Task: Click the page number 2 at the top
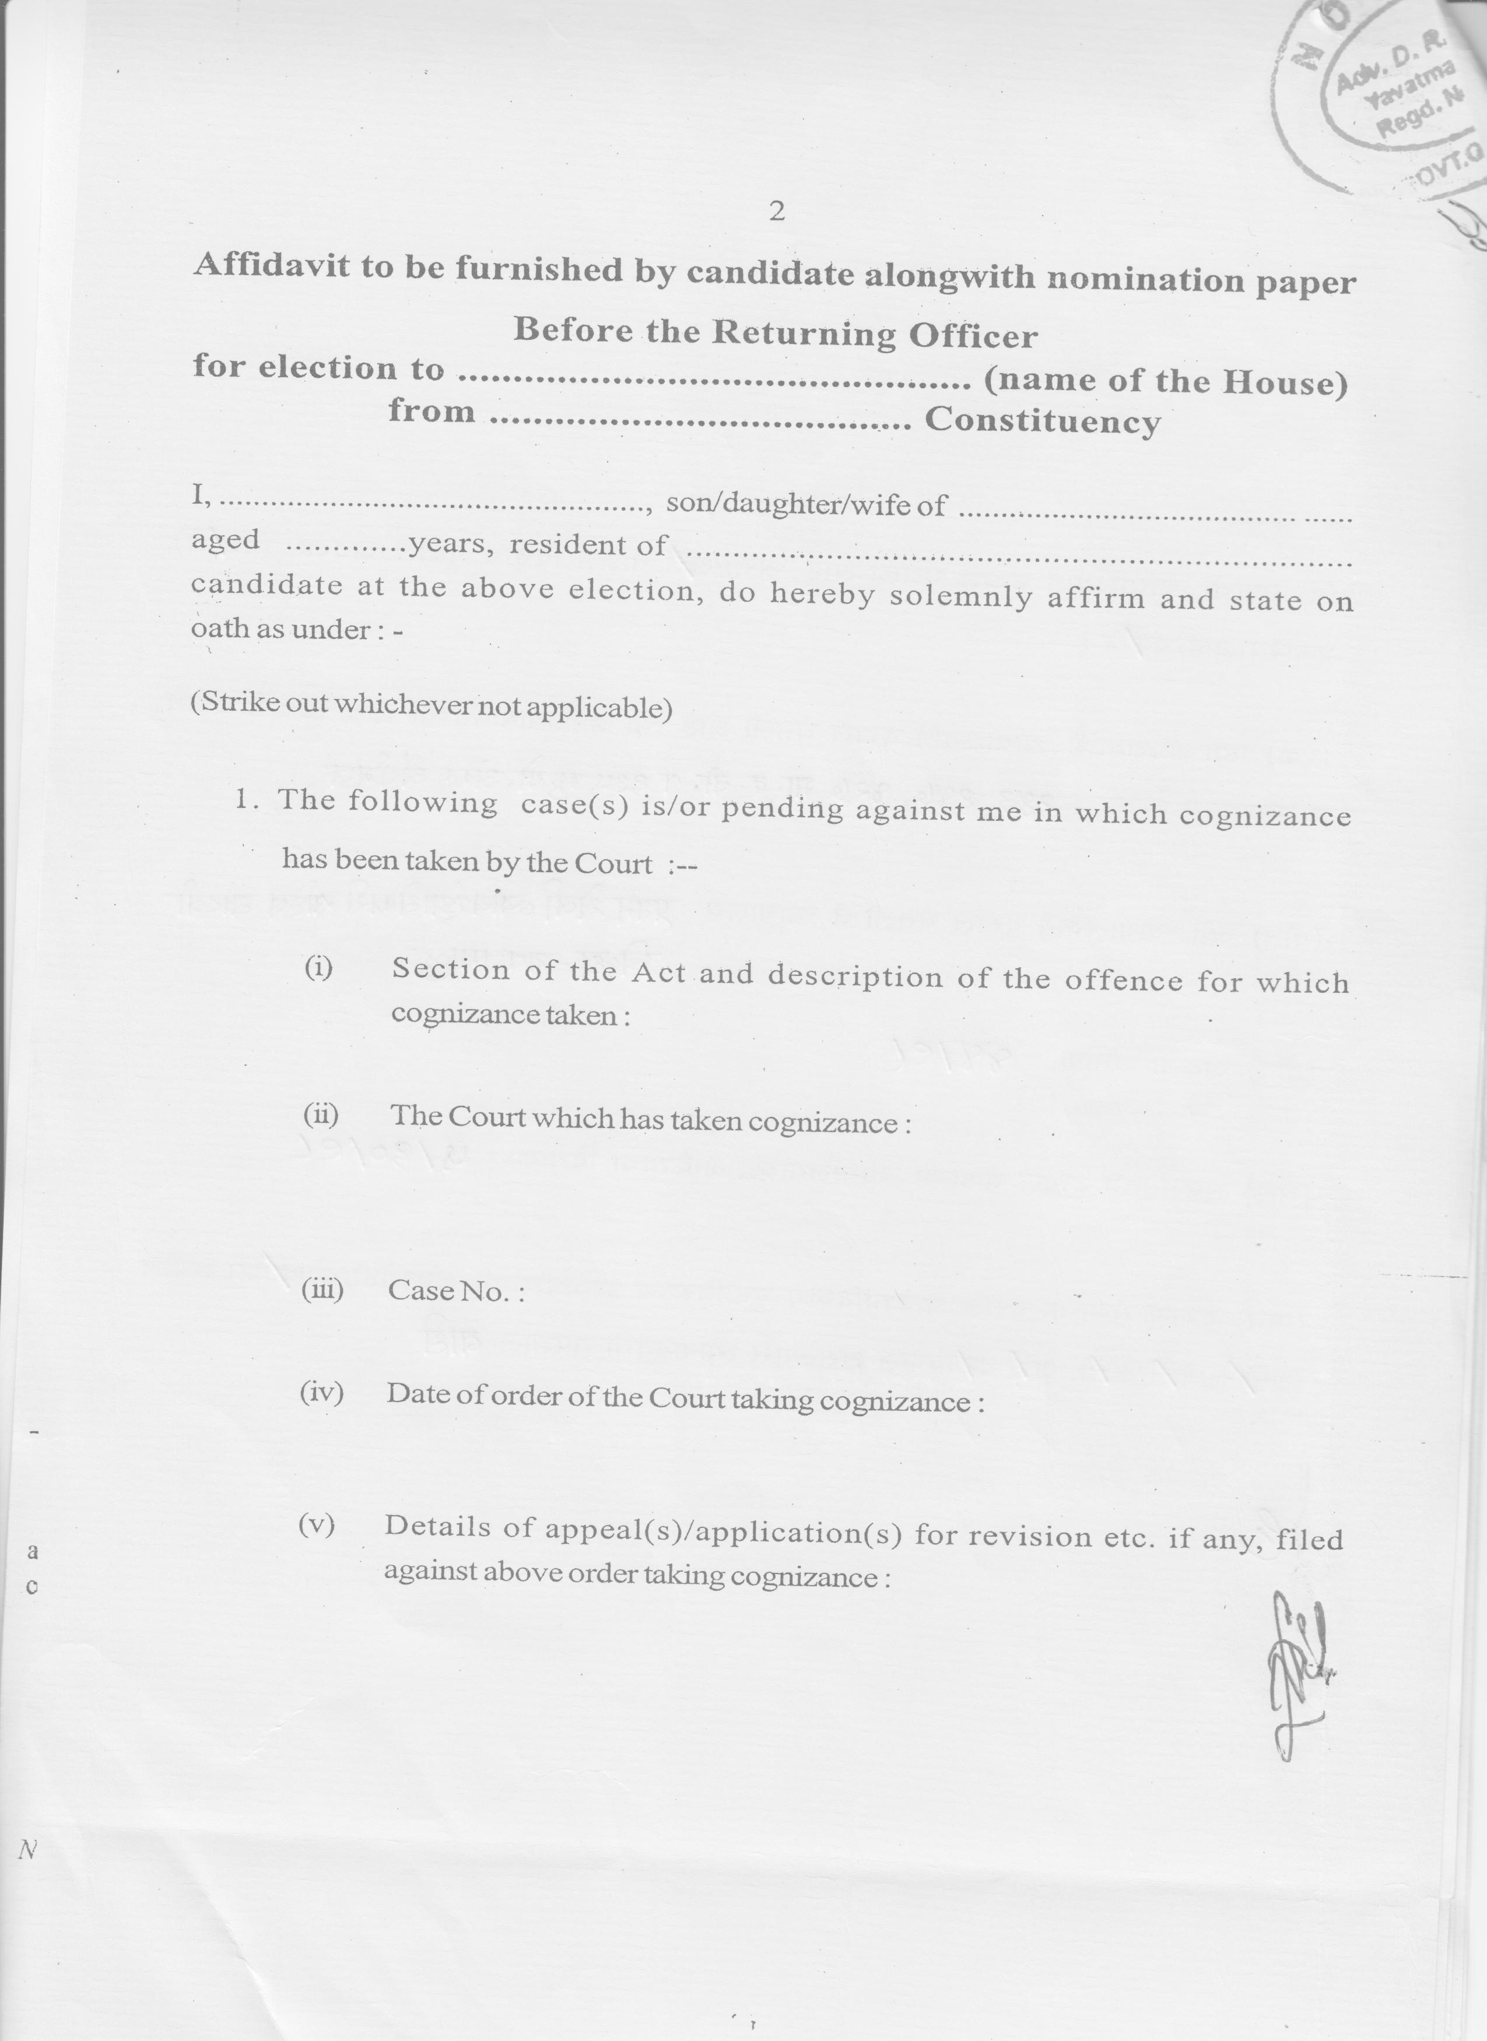[777, 212]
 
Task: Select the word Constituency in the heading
[1042, 420]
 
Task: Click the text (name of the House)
[1166, 382]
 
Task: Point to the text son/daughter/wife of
[806, 505]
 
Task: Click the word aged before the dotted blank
[225, 540]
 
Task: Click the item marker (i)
[318, 968]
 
